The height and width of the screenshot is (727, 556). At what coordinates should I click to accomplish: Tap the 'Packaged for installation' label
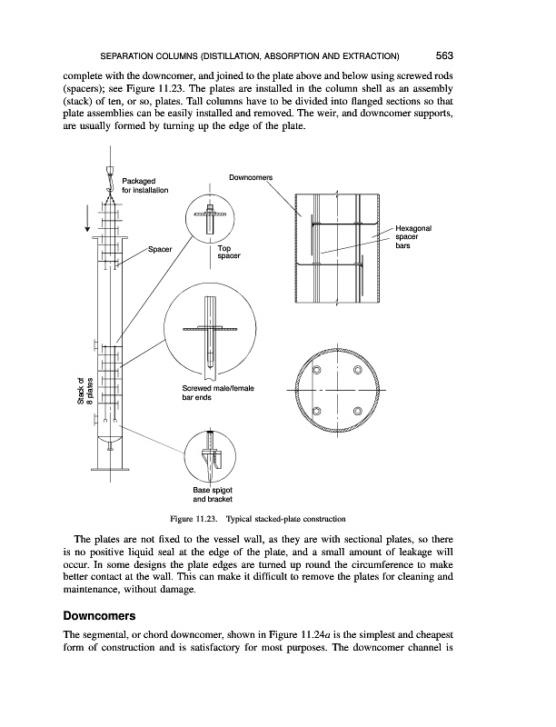(144, 186)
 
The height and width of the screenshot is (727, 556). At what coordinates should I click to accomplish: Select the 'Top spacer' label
(228, 252)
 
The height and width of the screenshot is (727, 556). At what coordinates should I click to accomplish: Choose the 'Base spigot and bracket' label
(213, 495)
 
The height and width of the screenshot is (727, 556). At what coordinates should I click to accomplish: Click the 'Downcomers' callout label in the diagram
(253, 176)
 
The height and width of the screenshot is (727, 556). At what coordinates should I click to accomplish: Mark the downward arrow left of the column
(88, 218)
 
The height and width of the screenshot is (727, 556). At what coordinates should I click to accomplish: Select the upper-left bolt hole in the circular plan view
(317, 370)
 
